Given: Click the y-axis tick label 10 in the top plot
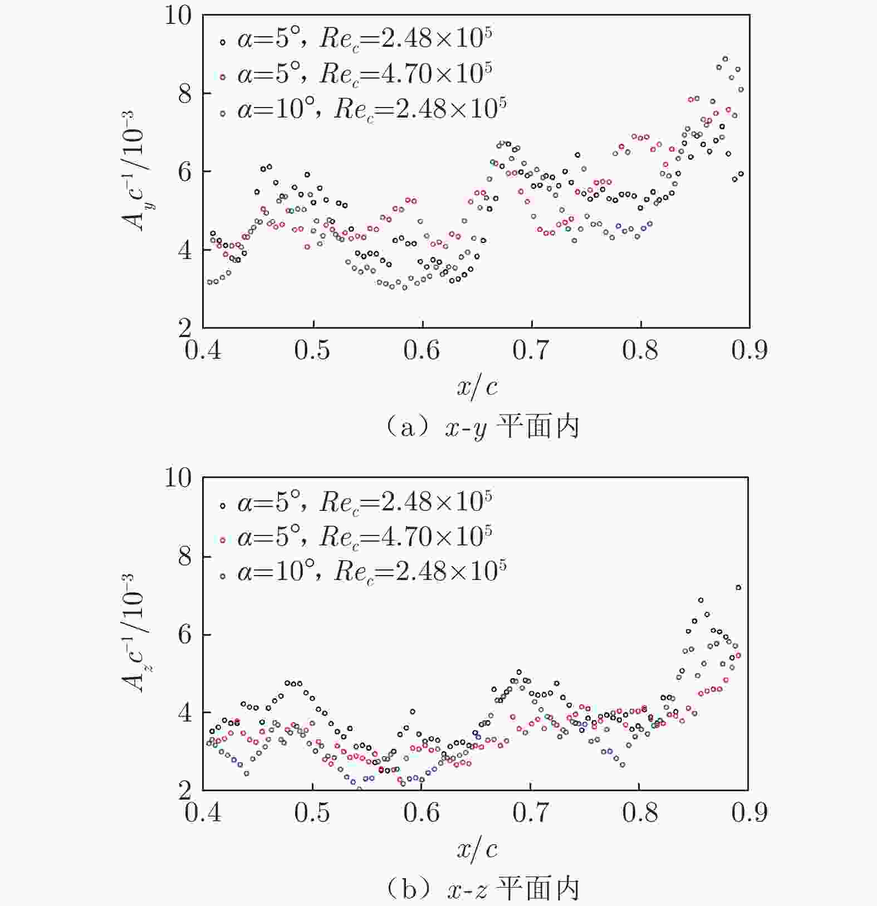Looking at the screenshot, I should pos(178,15).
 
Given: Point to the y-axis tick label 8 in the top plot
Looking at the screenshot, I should pos(184,94).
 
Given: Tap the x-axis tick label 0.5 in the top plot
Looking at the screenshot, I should pos(312,350).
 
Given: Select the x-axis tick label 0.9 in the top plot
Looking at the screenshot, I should pos(749,350).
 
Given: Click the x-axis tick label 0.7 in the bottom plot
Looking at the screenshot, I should pos(530,813).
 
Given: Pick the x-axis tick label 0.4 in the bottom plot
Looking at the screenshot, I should pos(203,813).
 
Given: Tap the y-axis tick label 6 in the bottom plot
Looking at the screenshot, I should pos(184,635).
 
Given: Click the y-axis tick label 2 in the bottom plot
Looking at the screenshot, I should pos(184,790).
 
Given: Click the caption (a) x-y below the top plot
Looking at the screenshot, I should pos(482,428).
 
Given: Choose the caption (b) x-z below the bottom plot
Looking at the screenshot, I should pos(482,889).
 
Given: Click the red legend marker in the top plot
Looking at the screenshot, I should pos(223,77).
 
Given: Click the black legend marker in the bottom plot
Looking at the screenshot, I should pos(223,505).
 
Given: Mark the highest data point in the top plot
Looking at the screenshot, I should pos(725,59).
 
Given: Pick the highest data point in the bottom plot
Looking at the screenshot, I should pos(738,587).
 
